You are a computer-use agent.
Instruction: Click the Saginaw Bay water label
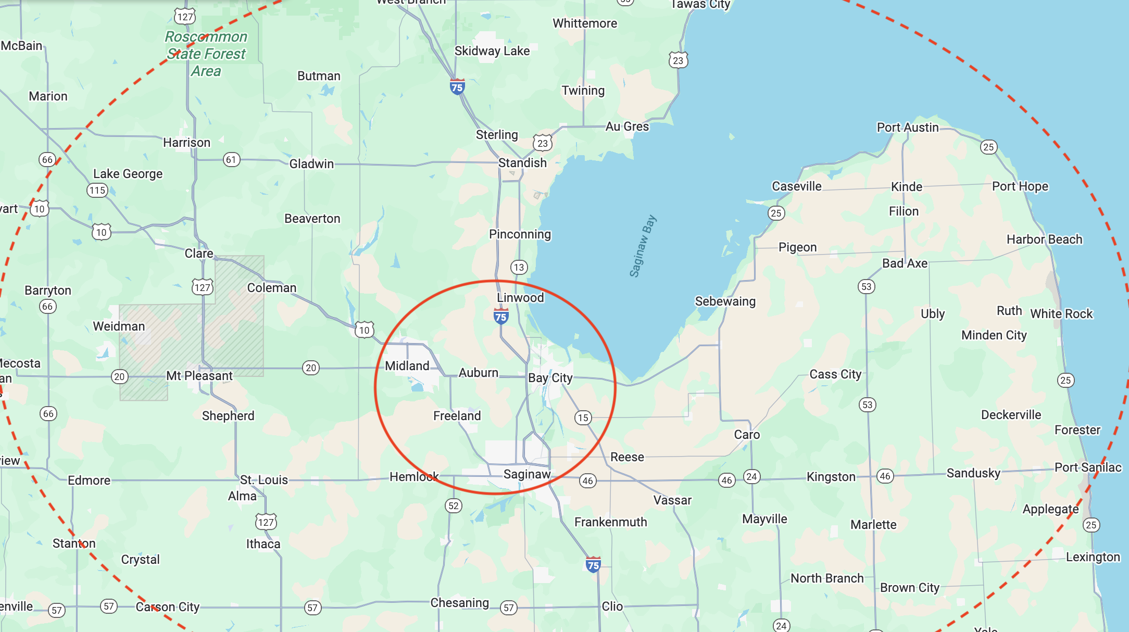pyautogui.click(x=643, y=246)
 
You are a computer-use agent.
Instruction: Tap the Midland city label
pyautogui.click(x=407, y=366)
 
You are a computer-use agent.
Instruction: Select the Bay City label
pyautogui.click(x=550, y=378)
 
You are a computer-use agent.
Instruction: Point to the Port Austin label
pyautogui.click(x=908, y=128)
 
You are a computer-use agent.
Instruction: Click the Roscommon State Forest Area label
pyautogui.click(x=206, y=54)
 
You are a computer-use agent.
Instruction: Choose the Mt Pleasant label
pyautogui.click(x=199, y=376)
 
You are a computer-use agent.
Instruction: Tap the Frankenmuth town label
pyautogui.click(x=610, y=522)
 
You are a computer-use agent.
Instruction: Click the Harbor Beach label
pyautogui.click(x=1044, y=239)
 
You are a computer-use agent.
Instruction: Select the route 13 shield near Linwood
pyautogui.click(x=519, y=268)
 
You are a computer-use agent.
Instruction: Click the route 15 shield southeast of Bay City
pyautogui.click(x=583, y=418)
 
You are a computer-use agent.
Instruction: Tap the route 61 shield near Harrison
pyautogui.click(x=232, y=160)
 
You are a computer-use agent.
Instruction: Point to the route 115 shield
pyautogui.click(x=97, y=191)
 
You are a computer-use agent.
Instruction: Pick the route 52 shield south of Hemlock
pyautogui.click(x=454, y=505)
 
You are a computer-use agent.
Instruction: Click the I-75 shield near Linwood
pyautogui.click(x=501, y=316)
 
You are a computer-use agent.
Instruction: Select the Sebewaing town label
pyautogui.click(x=725, y=301)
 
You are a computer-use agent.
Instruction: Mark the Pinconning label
pyautogui.click(x=520, y=234)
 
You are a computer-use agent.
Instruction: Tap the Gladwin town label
pyautogui.click(x=311, y=164)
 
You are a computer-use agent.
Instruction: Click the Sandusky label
pyautogui.click(x=973, y=473)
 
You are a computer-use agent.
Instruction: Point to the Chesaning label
pyautogui.click(x=459, y=603)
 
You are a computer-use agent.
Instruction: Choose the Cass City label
pyautogui.click(x=835, y=374)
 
